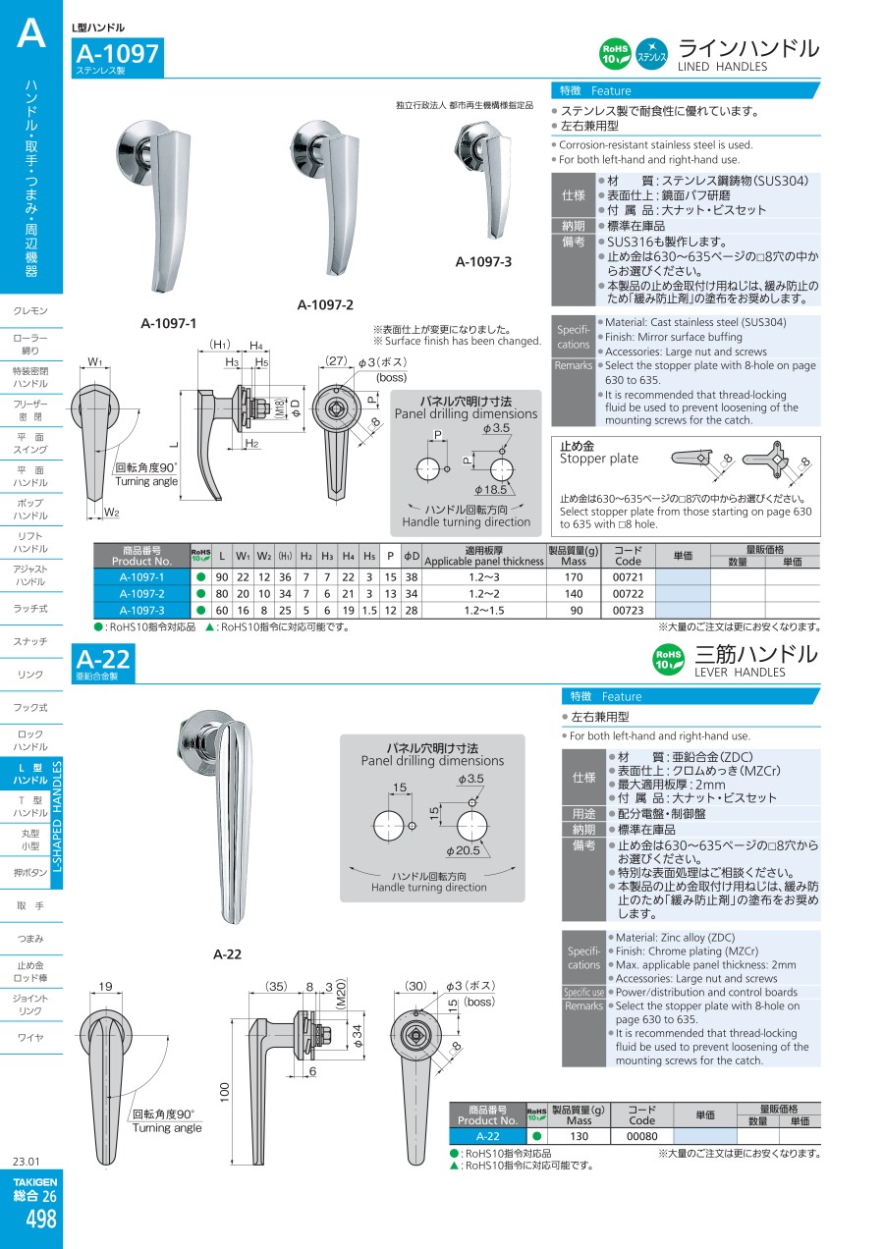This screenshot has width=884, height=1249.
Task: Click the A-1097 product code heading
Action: (x=117, y=54)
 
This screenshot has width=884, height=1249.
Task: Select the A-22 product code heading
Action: (x=102, y=659)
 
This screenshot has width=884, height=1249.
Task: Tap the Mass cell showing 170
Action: (x=574, y=577)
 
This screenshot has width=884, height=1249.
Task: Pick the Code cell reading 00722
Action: (x=628, y=594)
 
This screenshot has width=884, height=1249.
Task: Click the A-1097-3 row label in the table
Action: (x=141, y=611)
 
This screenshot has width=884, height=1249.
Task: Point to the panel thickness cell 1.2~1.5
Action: (x=484, y=611)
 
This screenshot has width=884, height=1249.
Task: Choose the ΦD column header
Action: (x=412, y=556)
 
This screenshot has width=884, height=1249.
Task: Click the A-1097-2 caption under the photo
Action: (x=325, y=305)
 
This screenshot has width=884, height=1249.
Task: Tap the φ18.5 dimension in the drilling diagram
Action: (x=491, y=490)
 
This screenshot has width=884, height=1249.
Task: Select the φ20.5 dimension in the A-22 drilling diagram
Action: (x=463, y=850)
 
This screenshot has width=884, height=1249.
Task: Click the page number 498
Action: (x=40, y=1219)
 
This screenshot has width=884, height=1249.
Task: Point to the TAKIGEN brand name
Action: (x=34, y=1181)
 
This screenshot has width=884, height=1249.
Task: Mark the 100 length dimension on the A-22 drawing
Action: (x=225, y=1091)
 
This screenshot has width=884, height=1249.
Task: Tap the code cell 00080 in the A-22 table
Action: (x=642, y=1136)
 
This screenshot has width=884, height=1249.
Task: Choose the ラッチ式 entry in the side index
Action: (x=30, y=609)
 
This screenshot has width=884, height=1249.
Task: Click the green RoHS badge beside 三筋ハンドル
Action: (x=668, y=659)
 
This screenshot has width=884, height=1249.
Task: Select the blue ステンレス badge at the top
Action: (x=652, y=54)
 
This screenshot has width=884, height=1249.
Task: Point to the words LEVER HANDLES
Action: (x=740, y=673)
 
